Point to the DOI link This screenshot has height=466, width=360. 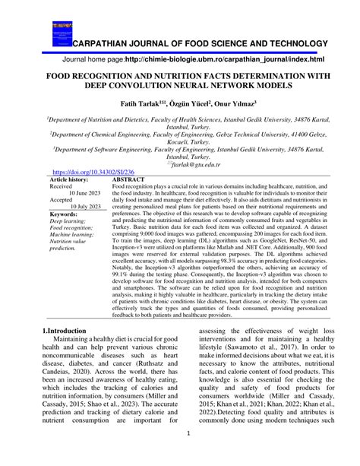[85, 173]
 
